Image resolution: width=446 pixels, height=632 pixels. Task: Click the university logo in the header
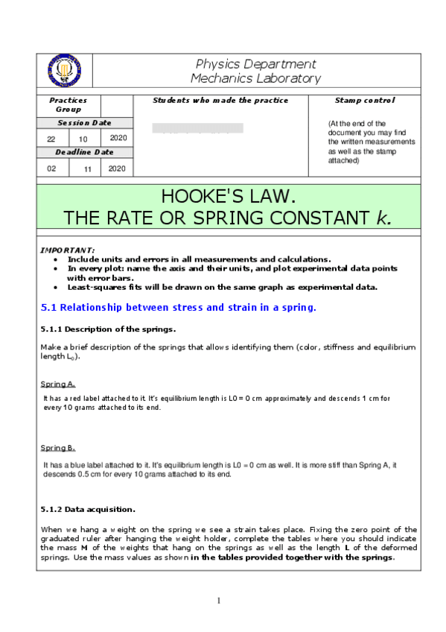[x=65, y=71]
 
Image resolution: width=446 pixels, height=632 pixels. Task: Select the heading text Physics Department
[x=255, y=64]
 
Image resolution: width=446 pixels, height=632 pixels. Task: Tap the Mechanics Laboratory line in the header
[x=255, y=78]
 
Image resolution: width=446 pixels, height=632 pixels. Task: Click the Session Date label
[x=85, y=123]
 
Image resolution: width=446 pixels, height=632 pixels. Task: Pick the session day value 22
[x=51, y=139]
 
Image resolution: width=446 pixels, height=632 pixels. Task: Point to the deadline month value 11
[x=87, y=168]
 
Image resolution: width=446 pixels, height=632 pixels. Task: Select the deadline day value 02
[x=51, y=168]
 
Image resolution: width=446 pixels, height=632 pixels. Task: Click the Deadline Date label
[x=85, y=152]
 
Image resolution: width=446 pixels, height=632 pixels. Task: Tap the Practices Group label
[x=69, y=104]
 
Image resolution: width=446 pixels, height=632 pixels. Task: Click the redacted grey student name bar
[x=197, y=128]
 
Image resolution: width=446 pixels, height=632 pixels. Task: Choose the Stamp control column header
[x=365, y=100]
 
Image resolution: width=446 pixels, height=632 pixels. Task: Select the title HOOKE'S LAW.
[x=228, y=197]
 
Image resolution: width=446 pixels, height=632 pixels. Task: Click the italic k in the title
[x=383, y=218]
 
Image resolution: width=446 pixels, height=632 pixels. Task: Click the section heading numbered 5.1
[x=178, y=307]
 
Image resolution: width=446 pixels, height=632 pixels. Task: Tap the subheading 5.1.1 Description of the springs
[x=108, y=329]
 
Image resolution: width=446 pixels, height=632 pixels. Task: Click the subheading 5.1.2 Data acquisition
[x=88, y=510]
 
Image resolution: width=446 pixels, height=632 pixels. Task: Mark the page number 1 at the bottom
[x=219, y=601]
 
